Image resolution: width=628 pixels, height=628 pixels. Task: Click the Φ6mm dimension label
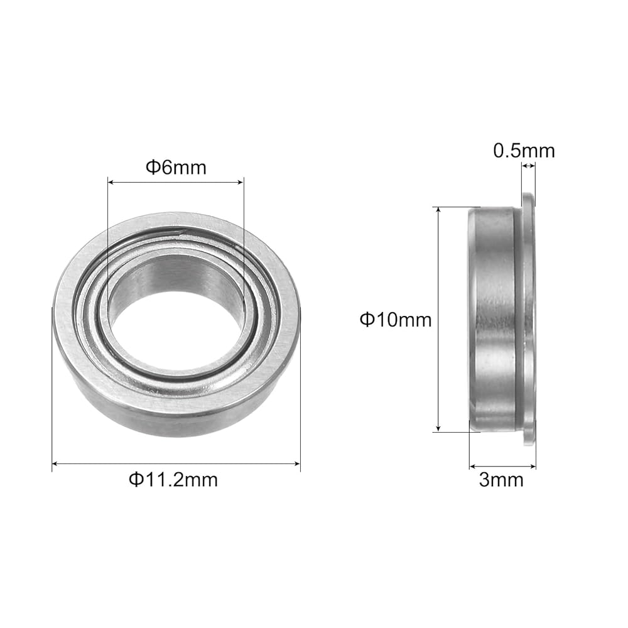pos(176,168)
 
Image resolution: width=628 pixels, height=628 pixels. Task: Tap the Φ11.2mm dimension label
pos(173,479)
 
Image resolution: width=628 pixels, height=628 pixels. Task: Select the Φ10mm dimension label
pos(396,320)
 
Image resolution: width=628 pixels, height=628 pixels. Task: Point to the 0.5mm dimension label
pos(524,151)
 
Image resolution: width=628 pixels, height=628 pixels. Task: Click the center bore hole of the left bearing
pos(175,311)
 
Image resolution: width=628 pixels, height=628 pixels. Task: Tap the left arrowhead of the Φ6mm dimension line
pos(112,183)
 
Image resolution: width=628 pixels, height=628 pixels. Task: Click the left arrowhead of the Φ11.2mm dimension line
pos(56,464)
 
